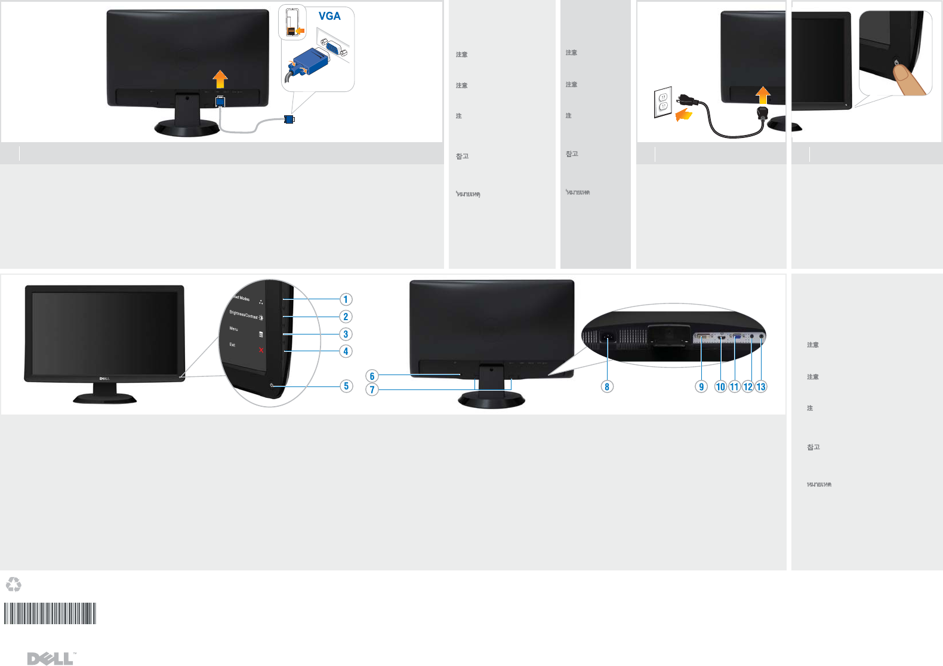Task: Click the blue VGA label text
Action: (x=329, y=16)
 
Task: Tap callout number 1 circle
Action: (x=346, y=299)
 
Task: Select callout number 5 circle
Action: (x=346, y=386)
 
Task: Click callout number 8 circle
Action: (x=607, y=386)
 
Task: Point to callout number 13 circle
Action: (x=761, y=386)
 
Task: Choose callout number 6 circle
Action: (x=372, y=376)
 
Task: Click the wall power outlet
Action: (x=662, y=102)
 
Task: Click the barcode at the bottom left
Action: (x=50, y=613)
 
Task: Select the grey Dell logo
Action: (x=51, y=658)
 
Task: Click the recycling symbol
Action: (x=13, y=584)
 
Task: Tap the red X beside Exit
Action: (x=261, y=350)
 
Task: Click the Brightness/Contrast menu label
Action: (x=244, y=315)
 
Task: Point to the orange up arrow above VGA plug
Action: (x=220, y=79)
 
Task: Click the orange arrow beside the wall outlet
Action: (x=683, y=114)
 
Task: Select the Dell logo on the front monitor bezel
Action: (x=104, y=379)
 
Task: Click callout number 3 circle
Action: (x=346, y=334)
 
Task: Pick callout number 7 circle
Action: (x=372, y=389)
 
